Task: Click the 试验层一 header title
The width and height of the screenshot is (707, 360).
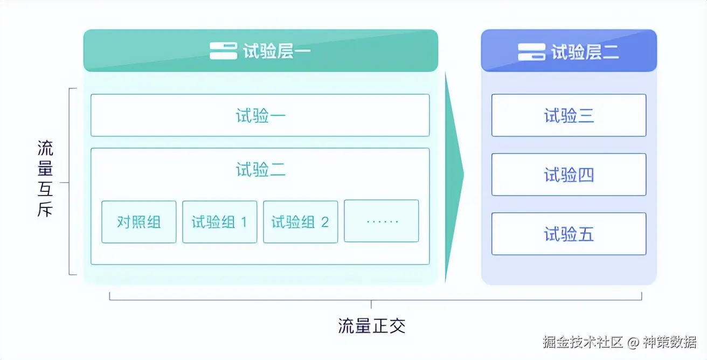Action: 276,52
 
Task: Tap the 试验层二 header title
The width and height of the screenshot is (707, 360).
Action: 585,52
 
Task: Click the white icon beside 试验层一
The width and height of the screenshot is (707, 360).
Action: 223,51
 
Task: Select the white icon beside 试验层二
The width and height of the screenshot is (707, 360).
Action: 531,52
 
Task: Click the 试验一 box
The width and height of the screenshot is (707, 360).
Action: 260,115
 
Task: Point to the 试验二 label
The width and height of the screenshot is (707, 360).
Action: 260,170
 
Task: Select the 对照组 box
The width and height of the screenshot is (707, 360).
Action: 138,221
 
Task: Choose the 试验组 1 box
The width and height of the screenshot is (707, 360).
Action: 219,221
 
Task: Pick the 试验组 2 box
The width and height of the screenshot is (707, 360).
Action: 300,221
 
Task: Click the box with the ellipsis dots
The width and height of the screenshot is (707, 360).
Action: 382,221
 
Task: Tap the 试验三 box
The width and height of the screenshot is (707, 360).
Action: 569,115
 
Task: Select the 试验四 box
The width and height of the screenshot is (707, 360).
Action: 569,175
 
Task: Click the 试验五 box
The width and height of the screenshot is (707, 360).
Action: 569,234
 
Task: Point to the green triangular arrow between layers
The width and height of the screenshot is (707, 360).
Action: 454,178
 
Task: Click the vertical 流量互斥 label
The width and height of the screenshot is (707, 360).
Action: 45,179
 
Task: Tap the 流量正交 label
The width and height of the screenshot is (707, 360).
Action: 371,326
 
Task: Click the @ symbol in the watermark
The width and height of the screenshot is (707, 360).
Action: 634,342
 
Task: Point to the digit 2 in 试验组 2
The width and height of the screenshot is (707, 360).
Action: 324,222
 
